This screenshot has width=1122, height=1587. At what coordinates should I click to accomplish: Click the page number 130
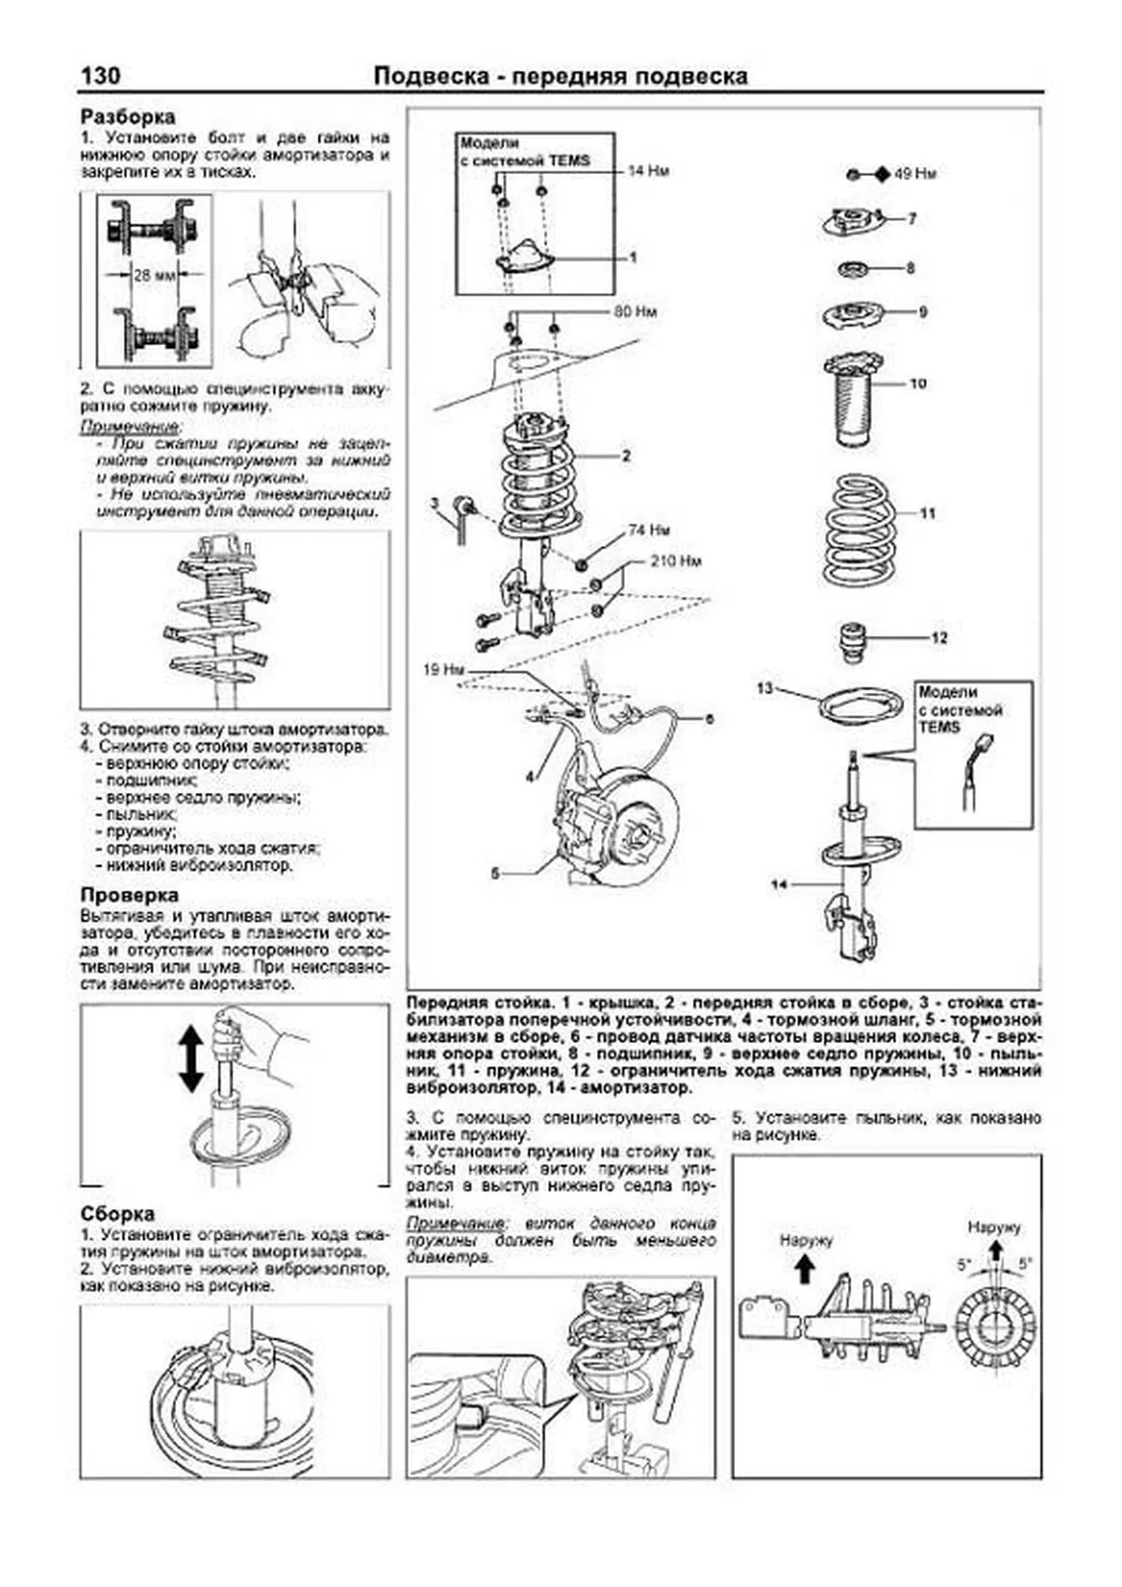click(x=100, y=76)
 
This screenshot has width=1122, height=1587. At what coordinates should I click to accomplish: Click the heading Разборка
click(x=127, y=117)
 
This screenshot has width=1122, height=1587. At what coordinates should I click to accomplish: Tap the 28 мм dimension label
click(x=154, y=276)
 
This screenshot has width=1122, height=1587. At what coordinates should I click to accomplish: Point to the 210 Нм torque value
click(x=675, y=561)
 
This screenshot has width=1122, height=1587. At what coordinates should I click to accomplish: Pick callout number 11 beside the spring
click(x=927, y=513)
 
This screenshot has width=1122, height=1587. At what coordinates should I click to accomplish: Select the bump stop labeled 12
click(x=851, y=643)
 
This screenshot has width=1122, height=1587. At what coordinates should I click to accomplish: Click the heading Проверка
click(x=129, y=895)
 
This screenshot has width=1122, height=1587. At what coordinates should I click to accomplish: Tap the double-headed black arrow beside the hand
click(x=190, y=1059)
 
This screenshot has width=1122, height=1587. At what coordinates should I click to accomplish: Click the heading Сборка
click(x=118, y=1214)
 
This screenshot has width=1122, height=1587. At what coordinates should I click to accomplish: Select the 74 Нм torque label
click(x=649, y=530)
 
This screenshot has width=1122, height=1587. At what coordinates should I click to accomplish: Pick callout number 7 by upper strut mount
click(x=913, y=219)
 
